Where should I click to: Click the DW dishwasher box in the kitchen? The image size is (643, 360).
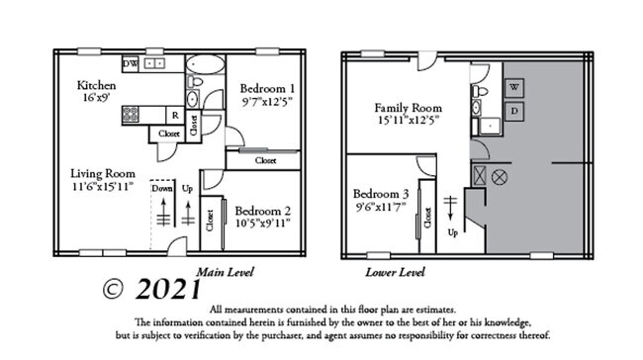[x=130, y=64]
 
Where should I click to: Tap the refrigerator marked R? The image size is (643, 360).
[x=174, y=114]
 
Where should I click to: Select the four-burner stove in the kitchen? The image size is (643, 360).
[x=131, y=114]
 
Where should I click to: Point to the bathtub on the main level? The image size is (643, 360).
[x=205, y=72]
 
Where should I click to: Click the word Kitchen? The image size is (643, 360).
[x=97, y=86]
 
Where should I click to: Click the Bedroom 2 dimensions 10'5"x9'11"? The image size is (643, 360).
[x=264, y=223]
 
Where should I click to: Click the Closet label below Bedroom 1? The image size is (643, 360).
[x=265, y=159]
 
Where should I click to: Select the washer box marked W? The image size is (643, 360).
[x=514, y=87]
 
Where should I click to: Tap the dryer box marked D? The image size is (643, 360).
[x=514, y=110]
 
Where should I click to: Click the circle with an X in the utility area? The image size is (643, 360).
[x=500, y=176]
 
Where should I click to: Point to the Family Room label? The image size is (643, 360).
[x=406, y=107]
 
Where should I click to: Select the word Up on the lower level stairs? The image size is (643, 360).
[x=454, y=233]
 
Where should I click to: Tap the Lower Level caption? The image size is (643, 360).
[x=395, y=271]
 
